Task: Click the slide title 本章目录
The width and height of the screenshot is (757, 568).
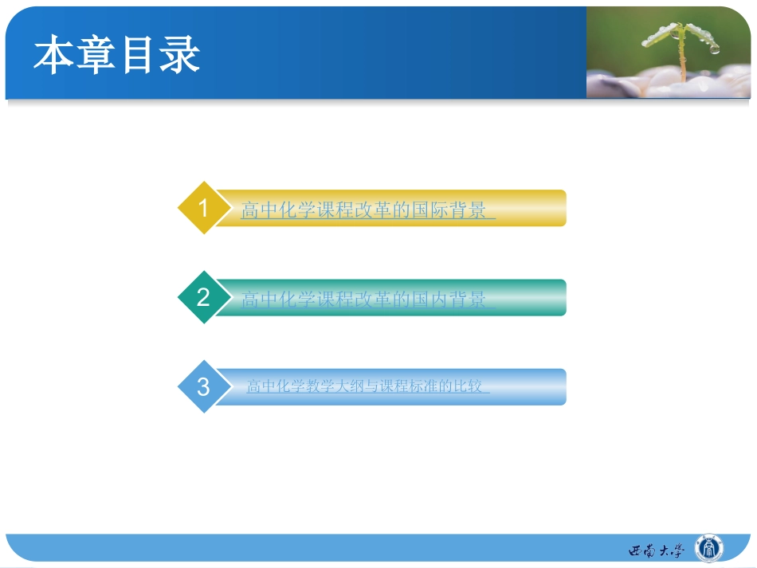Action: coord(116,56)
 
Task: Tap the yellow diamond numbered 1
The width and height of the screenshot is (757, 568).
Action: coord(202,209)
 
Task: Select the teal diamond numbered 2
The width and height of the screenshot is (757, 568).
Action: coord(202,298)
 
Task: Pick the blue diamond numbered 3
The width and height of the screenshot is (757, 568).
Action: coord(202,387)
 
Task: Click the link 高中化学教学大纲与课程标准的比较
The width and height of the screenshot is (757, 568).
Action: coord(367,387)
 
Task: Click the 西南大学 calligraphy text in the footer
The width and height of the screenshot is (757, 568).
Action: coord(656,550)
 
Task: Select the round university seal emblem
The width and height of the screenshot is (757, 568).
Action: coord(709,549)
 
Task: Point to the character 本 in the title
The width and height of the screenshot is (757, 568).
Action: coord(53,56)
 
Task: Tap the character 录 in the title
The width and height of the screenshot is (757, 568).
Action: coord(180,56)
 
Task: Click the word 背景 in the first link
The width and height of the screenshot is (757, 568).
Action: coord(467,211)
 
